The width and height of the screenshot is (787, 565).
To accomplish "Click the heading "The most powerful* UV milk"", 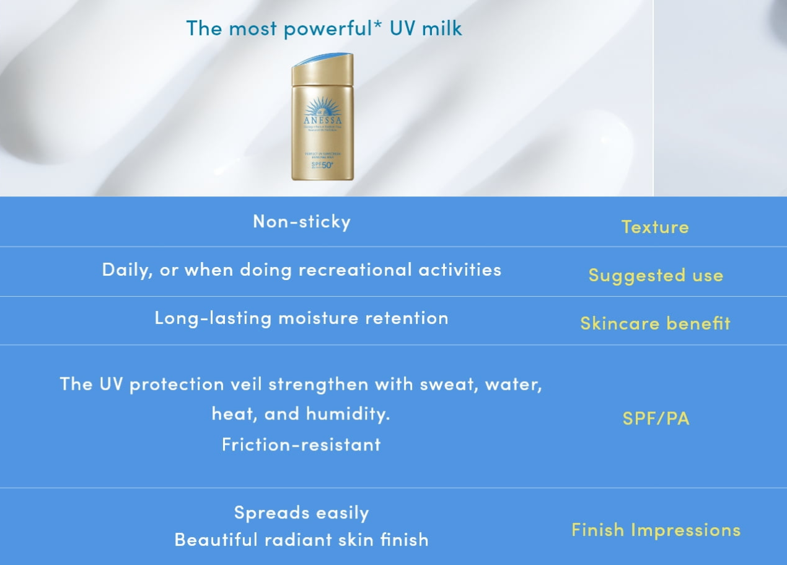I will click(x=323, y=28).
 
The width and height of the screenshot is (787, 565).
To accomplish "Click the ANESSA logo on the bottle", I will click(x=322, y=120).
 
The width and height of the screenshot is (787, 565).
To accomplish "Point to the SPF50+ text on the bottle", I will click(x=321, y=166).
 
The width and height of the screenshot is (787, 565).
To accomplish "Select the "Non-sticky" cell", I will click(x=302, y=221).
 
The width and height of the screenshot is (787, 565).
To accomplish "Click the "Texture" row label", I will click(x=655, y=227).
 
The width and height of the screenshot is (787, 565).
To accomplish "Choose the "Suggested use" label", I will click(x=656, y=275).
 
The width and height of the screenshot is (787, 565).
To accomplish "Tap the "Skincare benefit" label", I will click(x=655, y=323).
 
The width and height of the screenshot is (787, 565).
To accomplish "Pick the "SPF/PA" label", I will click(x=656, y=418).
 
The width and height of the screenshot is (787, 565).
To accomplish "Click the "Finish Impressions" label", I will click(x=656, y=530).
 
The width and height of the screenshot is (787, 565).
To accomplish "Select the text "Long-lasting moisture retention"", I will click(x=301, y=318).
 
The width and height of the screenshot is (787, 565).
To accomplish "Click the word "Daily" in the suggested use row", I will click(x=126, y=270).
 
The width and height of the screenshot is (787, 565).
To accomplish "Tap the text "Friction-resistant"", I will click(x=301, y=444).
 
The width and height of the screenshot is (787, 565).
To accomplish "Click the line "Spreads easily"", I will click(x=301, y=512).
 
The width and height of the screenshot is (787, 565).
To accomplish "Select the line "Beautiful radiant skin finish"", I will click(x=301, y=540).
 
